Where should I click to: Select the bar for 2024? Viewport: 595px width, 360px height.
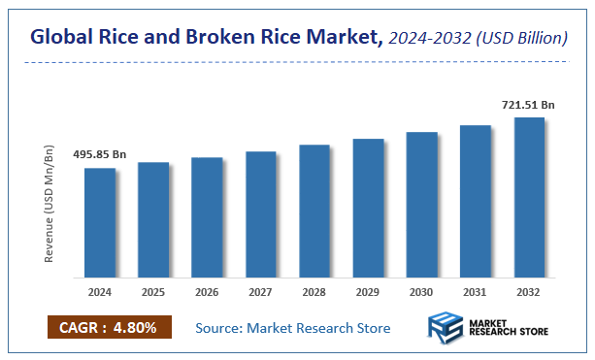coord(100,222)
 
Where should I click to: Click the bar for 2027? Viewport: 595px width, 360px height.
coord(261,214)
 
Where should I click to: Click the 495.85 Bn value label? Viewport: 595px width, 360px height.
coord(100,155)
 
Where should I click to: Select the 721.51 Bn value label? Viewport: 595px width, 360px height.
coord(528,103)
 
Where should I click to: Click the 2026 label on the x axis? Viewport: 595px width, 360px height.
coord(207,290)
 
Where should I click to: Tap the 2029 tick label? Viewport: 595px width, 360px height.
coord(368,290)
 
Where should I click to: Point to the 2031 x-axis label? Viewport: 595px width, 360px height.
coord(476,290)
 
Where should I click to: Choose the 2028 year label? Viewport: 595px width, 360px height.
coord(314,290)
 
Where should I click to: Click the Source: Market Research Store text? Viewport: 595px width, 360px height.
coord(293,328)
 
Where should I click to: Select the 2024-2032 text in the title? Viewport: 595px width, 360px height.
coord(427,39)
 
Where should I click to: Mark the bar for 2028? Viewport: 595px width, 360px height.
coord(314,211)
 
